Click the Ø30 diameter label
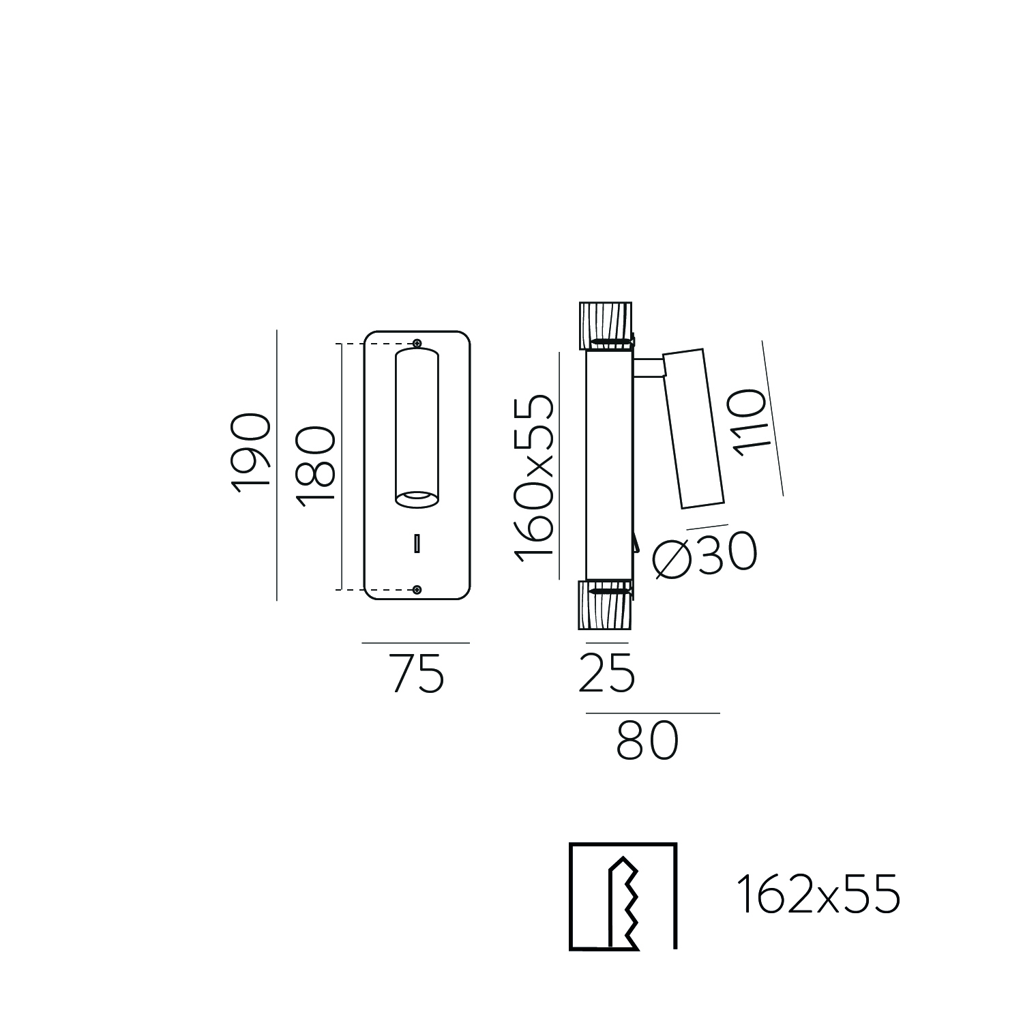(704, 554)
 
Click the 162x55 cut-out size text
(818, 895)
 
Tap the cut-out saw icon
(623, 896)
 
